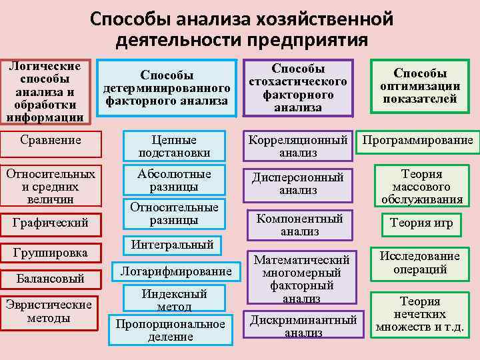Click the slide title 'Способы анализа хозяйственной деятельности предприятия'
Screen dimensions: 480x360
click(x=241, y=28)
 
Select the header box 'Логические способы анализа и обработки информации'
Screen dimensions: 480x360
click(x=46, y=92)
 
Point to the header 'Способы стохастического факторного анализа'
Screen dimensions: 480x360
click(x=298, y=88)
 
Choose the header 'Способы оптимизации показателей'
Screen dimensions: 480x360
click(x=420, y=86)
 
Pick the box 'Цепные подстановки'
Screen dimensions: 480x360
click(x=173, y=146)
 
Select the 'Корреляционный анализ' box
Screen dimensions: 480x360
click(x=298, y=146)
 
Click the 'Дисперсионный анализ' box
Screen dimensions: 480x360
click(x=298, y=183)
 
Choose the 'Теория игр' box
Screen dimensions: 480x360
click(x=421, y=224)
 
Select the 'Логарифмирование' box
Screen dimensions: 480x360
click(x=176, y=271)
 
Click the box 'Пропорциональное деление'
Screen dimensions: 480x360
click(x=170, y=329)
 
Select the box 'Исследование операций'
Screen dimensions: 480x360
click(x=420, y=263)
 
